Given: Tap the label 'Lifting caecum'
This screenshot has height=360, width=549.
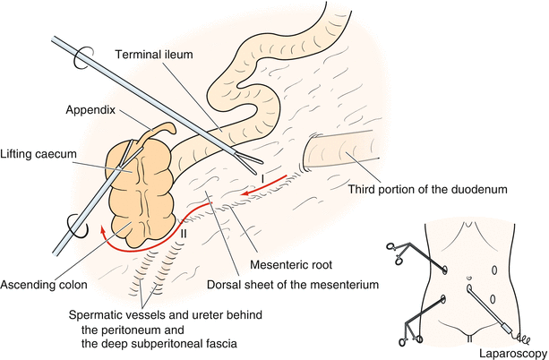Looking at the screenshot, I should (x=38, y=154).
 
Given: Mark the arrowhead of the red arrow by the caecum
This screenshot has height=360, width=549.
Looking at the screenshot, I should (x=101, y=231).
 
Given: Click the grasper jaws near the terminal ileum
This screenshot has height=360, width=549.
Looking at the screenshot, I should (x=247, y=163).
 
